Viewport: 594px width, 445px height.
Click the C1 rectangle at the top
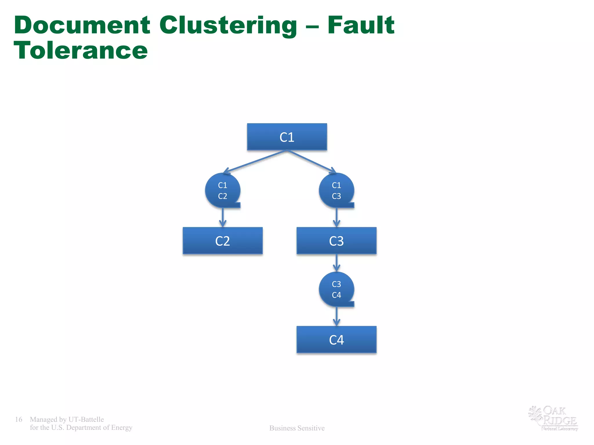pos(287,137)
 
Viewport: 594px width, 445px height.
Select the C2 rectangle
pos(222,241)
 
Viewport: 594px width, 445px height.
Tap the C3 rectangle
pos(336,241)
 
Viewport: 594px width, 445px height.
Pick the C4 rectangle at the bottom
pos(336,340)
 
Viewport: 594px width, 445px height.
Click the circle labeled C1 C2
pos(222,190)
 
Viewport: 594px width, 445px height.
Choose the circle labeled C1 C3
pos(336,190)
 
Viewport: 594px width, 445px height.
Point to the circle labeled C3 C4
pos(336,289)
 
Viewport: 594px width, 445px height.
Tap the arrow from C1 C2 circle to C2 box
pos(222,217)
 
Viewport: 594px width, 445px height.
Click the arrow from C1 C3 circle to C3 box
pos(336,217)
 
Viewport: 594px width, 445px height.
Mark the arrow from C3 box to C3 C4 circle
pos(336,263)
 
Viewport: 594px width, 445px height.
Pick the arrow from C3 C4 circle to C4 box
pos(336,316)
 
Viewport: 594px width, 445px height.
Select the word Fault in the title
pos(361,25)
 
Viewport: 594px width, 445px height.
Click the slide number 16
pos(19,419)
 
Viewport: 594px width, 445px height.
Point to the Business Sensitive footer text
pos(297,428)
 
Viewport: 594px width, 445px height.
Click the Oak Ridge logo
pos(553,418)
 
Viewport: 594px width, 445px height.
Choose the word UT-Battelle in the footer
pos(86,419)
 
